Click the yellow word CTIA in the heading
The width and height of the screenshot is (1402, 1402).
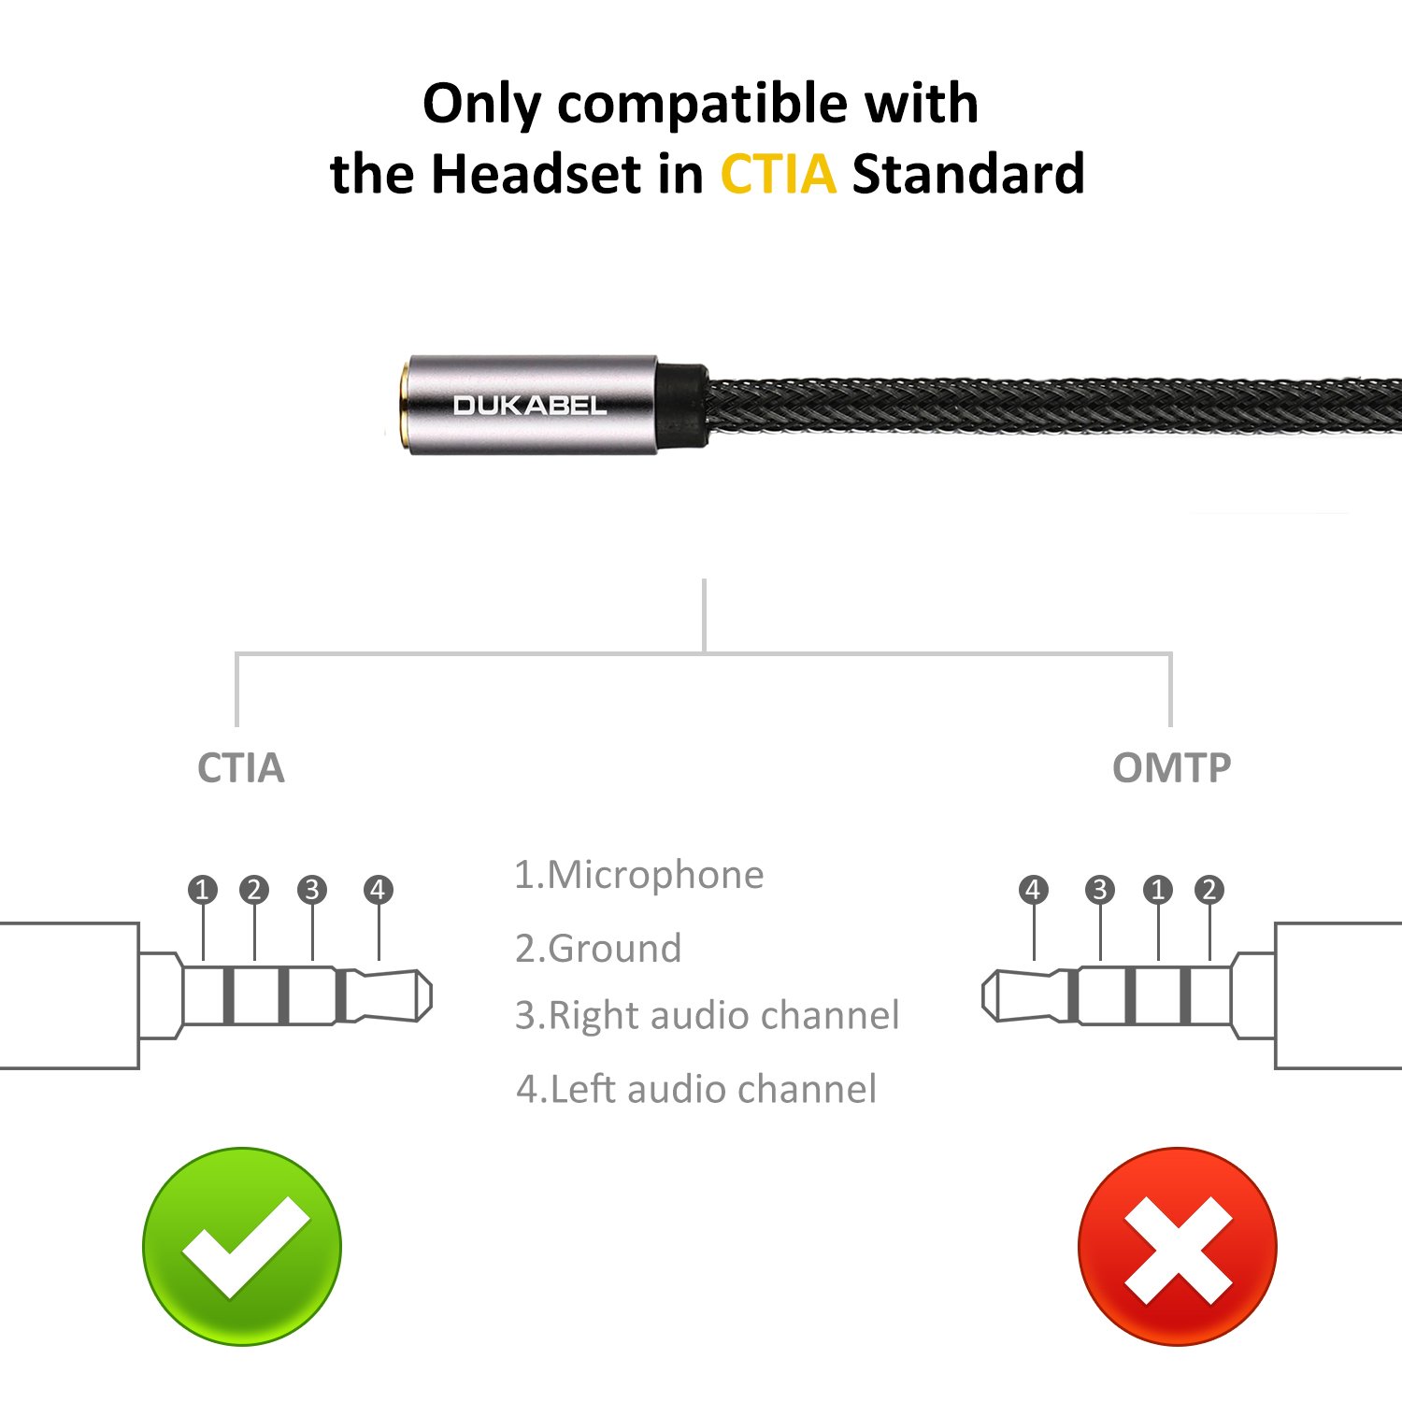click(778, 175)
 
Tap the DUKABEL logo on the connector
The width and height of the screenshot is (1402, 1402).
click(530, 406)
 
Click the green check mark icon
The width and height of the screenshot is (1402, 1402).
click(242, 1246)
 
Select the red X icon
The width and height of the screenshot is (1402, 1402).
click(1177, 1247)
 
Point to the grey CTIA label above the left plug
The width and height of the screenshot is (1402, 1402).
click(240, 768)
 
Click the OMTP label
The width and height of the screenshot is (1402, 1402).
click(1171, 768)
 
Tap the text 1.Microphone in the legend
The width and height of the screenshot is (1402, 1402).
click(639, 876)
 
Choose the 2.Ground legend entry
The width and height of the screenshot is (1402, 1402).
click(598, 949)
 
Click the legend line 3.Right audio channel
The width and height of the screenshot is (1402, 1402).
click(707, 1016)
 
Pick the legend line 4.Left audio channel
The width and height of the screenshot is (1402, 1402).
click(696, 1090)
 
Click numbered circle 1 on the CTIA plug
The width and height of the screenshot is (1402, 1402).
click(203, 890)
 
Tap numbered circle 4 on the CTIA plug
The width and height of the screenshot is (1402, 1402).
click(378, 890)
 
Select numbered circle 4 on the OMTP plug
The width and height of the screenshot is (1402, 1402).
click(1033, 890)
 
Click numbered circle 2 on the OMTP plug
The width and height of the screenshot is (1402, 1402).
click(1209, 890)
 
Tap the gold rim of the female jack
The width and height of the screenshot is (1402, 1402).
click(402, 406)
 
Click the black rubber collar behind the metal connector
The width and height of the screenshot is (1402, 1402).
click(680, 406)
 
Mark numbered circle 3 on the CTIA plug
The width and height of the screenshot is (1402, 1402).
click(312, 890)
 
